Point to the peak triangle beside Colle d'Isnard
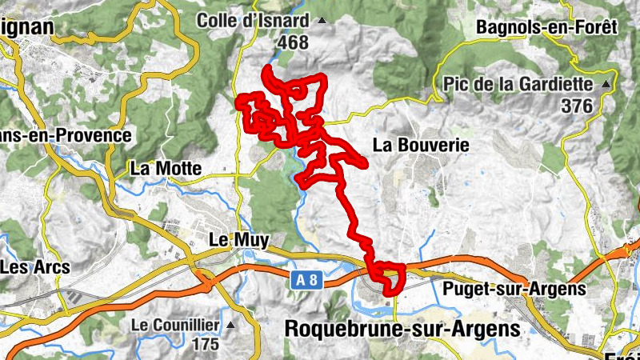pyautogui.click(x=322, y=20)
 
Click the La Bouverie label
pyautogui.click(x=420, y=145)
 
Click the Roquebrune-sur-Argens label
pyautogui.click(x=402, y=328)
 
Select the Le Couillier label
pyautogui.click(x=176, y=325)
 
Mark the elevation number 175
pyautogui.click(x=206, y=345)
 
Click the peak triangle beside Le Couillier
pyautogui.click(x=231, y=325)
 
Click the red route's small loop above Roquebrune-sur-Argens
pyautogui.click(x=386, y=275)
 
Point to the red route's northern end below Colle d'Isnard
pyautogui.click(x=266, y=67)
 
